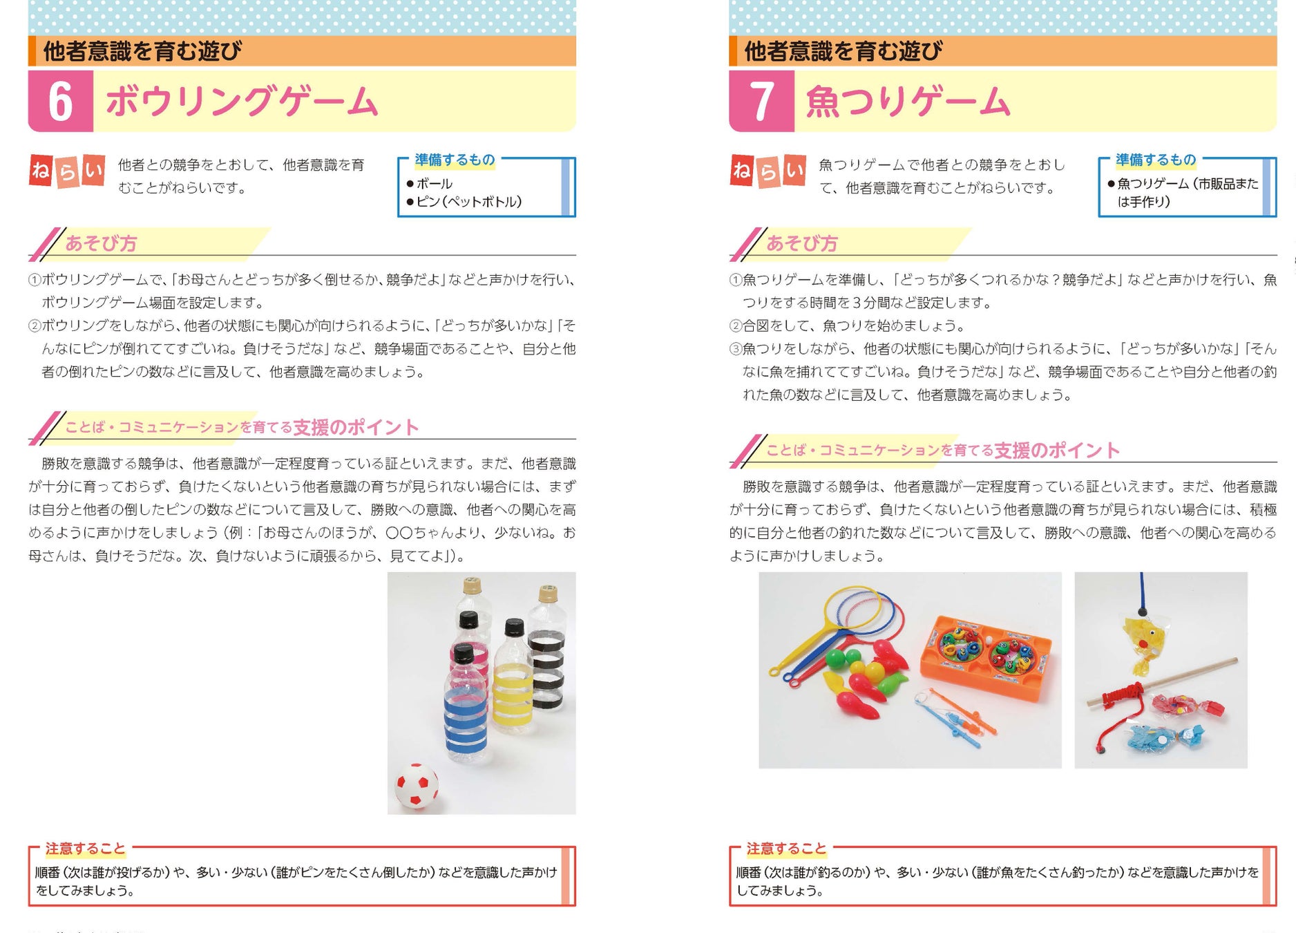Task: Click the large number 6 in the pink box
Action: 60,102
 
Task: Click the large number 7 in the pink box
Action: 761,102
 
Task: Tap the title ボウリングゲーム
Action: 242,102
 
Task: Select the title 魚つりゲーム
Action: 908,102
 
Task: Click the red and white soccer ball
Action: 416,786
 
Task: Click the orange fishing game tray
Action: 984,657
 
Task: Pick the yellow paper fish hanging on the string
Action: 1143,639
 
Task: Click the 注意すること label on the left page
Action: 86,849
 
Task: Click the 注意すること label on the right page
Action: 786,849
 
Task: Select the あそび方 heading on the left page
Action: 101,243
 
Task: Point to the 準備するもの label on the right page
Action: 1156,160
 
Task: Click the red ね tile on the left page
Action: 41,170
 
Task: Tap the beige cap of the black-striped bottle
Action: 548,592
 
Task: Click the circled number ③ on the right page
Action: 735,349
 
